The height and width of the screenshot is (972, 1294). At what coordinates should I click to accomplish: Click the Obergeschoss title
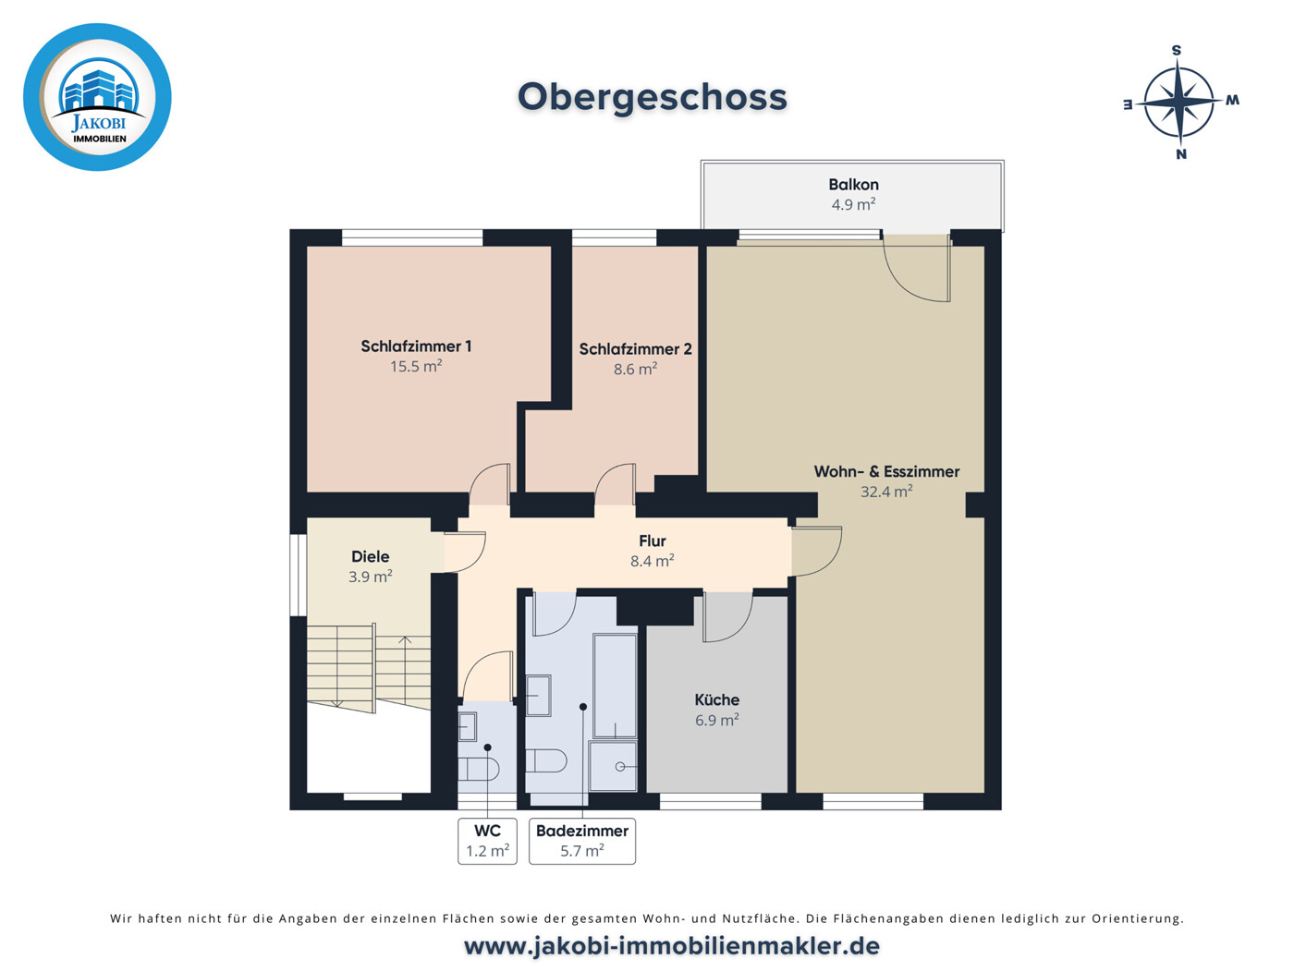(x=652, y=97)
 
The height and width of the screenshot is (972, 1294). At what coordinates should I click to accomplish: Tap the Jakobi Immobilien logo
(x=97, y=97)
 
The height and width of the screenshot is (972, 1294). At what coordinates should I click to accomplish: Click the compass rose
(x=1179, y=102)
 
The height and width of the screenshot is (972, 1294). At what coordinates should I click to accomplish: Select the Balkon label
(x=853, y=185)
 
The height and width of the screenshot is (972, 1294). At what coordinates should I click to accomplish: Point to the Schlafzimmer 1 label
(x=416, y=346)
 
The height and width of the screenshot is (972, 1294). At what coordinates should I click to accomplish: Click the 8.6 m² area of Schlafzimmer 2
(x=635, y=370)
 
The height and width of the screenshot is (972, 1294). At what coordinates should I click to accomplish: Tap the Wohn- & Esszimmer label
(x=886, y=471)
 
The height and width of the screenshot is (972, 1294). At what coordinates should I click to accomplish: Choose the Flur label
(x=652, y=541)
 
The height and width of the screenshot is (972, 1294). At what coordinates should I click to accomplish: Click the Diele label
(x=370, y=556)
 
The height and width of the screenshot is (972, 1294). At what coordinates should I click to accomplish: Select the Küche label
(x=716, y=700)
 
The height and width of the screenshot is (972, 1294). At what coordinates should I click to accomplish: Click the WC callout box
(x=487, y=841)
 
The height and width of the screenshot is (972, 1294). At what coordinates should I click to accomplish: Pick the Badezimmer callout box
(x=581, y=841)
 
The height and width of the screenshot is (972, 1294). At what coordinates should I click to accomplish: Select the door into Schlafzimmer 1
(x=490, y=485)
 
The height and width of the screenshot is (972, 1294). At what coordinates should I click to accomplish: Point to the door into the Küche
(x=726, y=617)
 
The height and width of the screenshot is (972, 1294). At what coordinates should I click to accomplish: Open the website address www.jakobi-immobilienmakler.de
(x=671, y=946)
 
